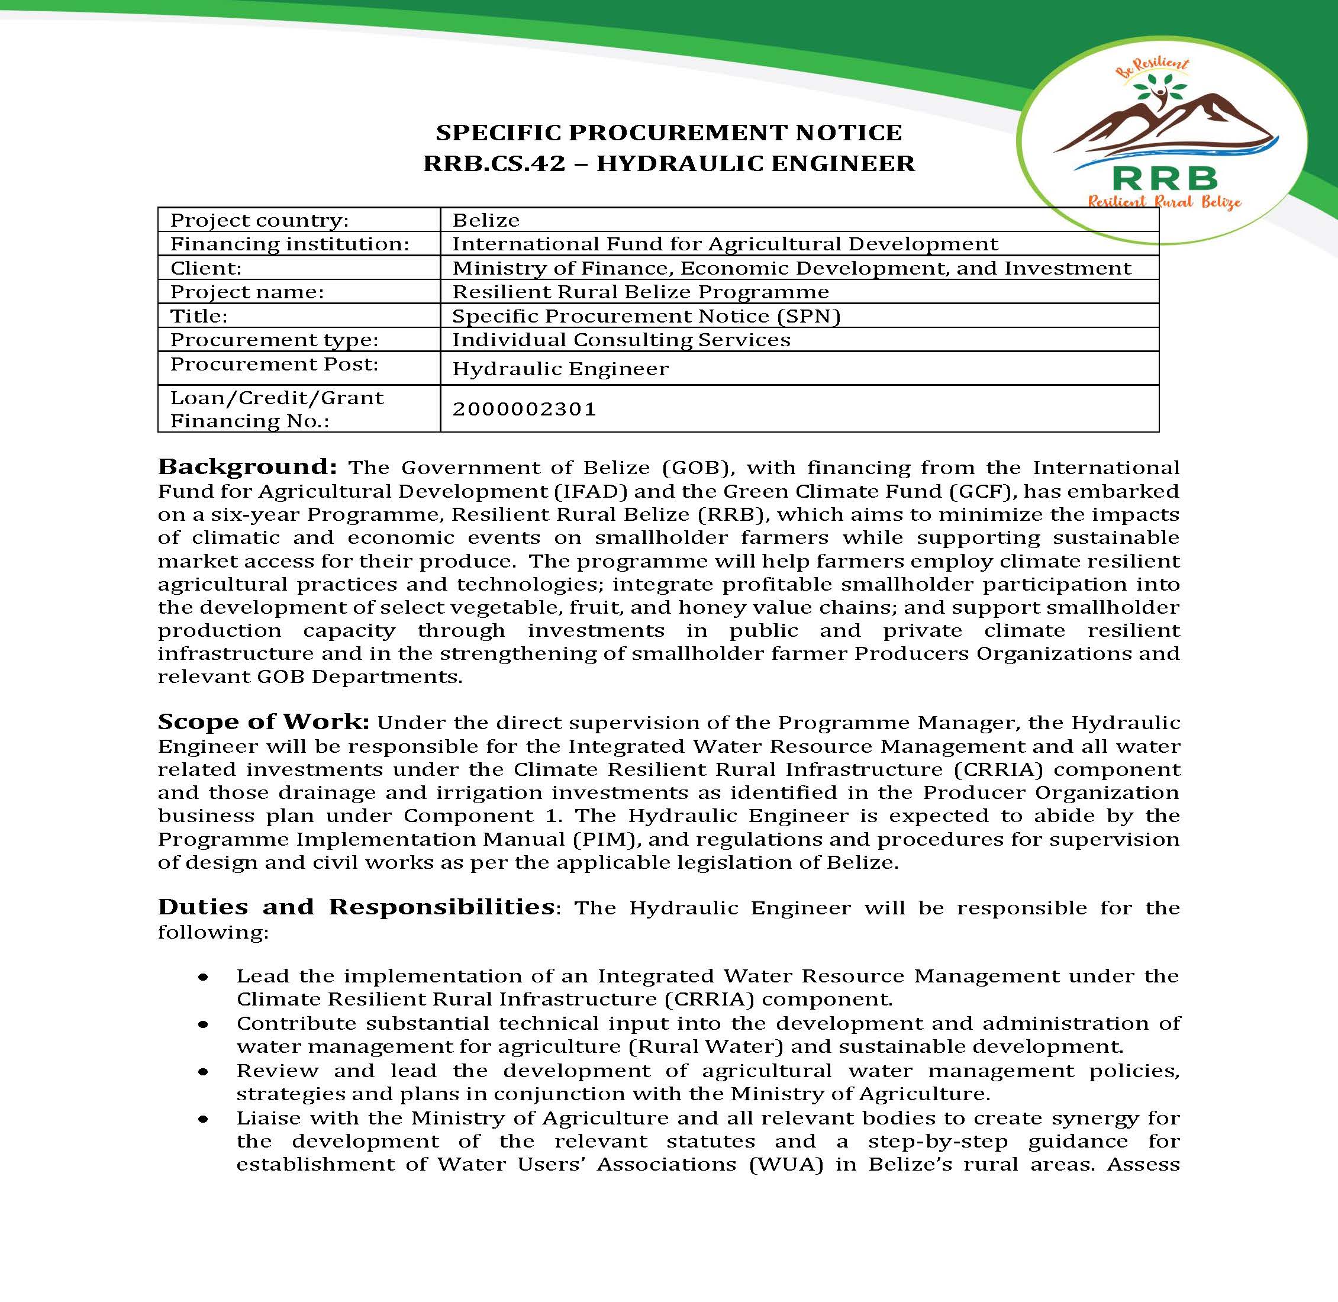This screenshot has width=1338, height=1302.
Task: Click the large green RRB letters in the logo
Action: (1165, 179)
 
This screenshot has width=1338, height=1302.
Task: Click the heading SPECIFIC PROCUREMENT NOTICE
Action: (669, 132)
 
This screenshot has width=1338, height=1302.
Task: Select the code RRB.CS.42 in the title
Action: (494, 163)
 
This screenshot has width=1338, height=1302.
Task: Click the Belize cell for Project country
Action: (485, 220)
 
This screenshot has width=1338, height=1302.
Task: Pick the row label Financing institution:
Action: (289, 244)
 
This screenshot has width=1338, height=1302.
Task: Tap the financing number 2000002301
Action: (524, 409)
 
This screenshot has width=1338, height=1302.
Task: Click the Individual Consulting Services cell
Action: (621, 340)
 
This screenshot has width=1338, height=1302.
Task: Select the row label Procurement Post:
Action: (273, 364)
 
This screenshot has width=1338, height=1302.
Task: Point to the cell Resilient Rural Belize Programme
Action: (640, 292)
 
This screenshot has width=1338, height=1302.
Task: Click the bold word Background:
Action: (247, 467)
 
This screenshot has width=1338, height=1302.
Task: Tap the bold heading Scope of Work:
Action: (263, 722)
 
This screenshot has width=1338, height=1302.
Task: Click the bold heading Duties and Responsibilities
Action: (356, 907)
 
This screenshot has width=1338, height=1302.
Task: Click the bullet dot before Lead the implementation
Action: (203, 978)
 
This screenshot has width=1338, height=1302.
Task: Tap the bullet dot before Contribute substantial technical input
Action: (203, 1025)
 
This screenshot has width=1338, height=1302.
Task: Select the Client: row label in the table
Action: (206, 268)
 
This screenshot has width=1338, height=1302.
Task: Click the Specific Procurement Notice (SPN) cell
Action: (646, 316)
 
